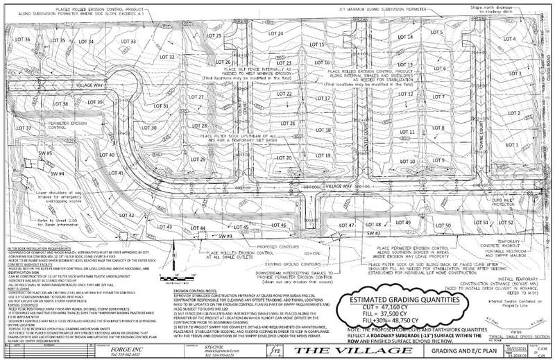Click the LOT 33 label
128,42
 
